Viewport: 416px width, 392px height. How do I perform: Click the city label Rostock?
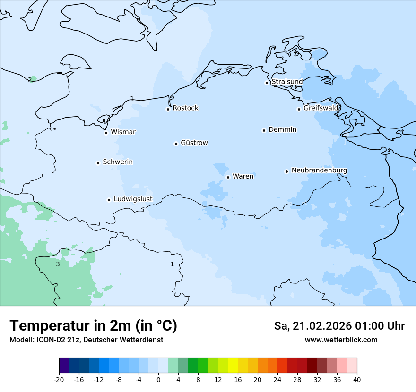tap(185, 108)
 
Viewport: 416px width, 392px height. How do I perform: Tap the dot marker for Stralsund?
tap(267, 83)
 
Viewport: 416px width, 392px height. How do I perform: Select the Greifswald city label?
tap(321, 108)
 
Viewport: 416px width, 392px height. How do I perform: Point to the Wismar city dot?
tap(106, 133)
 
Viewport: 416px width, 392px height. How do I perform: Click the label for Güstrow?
tap(194, 143)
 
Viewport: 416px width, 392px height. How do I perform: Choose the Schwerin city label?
tap(118, 162)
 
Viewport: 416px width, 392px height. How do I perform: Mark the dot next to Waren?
tap(228, 177)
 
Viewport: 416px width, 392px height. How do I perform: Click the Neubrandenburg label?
tap(319, 170)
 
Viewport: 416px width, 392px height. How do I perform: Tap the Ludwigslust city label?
tap(133, 199)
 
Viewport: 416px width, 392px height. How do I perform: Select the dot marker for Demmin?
tap(264, 130)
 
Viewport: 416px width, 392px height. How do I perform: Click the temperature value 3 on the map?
tap(58, 264)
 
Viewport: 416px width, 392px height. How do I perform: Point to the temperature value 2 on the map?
tap(30, 80)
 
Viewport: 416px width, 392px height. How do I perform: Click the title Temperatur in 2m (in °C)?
tap(93, 325)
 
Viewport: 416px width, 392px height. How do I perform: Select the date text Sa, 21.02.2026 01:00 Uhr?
tap(339, 326)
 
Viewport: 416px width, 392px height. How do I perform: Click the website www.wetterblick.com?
tap(341, 340)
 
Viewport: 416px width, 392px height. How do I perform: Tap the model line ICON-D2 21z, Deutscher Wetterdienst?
tap(86, 340)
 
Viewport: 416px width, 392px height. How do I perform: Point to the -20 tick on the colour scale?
tap(59, 379)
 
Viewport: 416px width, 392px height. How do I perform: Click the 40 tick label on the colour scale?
tap(357, 379)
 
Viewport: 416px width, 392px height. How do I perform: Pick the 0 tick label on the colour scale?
tap(158, 379)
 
